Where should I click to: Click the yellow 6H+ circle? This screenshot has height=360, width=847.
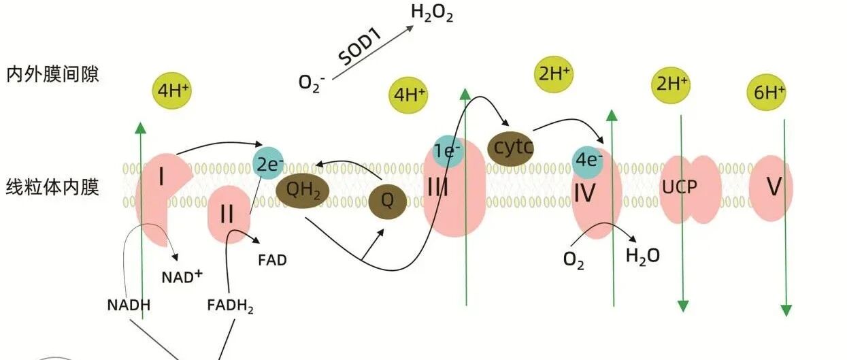769,91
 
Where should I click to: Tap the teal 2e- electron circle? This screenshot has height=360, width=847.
269,163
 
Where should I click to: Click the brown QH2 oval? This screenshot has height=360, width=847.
303,190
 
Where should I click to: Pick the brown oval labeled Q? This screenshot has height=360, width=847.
388,201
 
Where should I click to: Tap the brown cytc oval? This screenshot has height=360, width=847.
511,148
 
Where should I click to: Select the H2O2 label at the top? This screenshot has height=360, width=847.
432,14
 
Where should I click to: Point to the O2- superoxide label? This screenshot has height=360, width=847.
312,83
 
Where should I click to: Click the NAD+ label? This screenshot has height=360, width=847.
182,276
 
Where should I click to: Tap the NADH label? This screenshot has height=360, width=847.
129,304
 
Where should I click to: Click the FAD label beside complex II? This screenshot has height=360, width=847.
272,259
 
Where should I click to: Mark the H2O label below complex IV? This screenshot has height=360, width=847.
642,256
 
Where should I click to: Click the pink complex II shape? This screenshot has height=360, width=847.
228,214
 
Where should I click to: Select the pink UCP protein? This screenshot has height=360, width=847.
690,189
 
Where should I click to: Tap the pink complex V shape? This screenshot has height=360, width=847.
771,188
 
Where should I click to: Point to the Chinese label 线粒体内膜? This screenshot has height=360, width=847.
52,186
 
